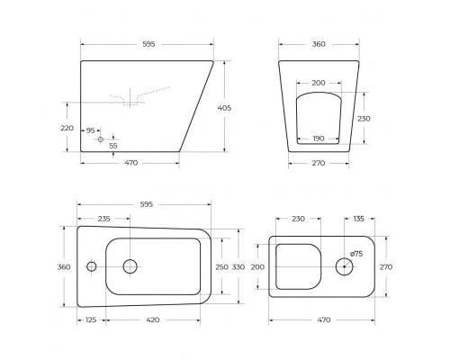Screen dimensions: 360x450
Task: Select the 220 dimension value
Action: (67, 128)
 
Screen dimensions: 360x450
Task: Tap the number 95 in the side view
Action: (91, 130)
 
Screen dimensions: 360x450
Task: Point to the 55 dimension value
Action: (113, 145)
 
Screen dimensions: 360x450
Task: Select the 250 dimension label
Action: (220, 266)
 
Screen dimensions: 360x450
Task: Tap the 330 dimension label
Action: (239, 266)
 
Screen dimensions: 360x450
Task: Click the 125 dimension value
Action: (91, 319)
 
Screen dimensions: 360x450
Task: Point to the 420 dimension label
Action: (152, 319)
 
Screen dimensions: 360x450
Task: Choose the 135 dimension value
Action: (359, 218)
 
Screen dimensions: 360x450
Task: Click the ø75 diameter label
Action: (356, 254)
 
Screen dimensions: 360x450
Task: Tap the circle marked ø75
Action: (345, 265)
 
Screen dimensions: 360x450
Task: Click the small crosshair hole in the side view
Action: (100, 139)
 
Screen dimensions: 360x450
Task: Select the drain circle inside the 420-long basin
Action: (130, 265)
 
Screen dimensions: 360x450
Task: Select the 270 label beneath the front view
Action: (317, 164)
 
